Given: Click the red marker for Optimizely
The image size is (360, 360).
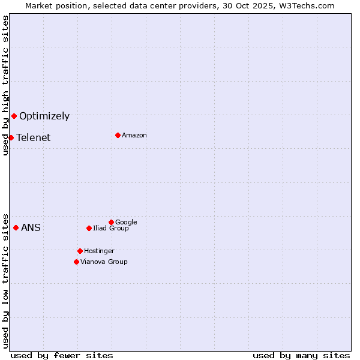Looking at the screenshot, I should click(x=14, y=116).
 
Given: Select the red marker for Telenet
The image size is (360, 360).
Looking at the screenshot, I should click(x=11, y=137).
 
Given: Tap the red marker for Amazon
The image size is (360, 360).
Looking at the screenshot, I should click(x=118, y=135).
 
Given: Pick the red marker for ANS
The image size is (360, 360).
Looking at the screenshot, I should click(x=16, y=227).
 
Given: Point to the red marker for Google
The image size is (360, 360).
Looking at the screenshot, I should click(x=111, y=222).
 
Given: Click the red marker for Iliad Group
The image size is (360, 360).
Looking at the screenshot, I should click(x=89, y=228).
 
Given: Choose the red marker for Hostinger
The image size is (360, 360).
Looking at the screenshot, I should click(x=80, y=251).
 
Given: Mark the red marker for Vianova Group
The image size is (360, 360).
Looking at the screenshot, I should click(x=76, y=262).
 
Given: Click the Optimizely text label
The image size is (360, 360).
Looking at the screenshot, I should click(x=44, y=116).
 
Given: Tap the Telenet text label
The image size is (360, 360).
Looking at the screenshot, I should click(x=34, y=138).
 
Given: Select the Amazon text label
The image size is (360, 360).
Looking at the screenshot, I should click(x=134, y=136).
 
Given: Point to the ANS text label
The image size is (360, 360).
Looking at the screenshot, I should click(x=31, y=228).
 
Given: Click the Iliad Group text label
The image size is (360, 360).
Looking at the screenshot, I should click(x=111, y=229).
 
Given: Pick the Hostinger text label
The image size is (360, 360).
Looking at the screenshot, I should click(x=99, y=251).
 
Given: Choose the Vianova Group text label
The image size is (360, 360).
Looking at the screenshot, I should click(x=104, y=262).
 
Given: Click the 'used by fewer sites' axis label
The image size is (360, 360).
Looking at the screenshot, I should click(x=62, y=355).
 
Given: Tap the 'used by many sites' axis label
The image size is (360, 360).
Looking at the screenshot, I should click(x=301, y=355).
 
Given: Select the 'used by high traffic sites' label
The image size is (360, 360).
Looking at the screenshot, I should click(x=5, y=86).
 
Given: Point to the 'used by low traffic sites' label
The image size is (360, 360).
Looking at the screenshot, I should click(x=5, y=280).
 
